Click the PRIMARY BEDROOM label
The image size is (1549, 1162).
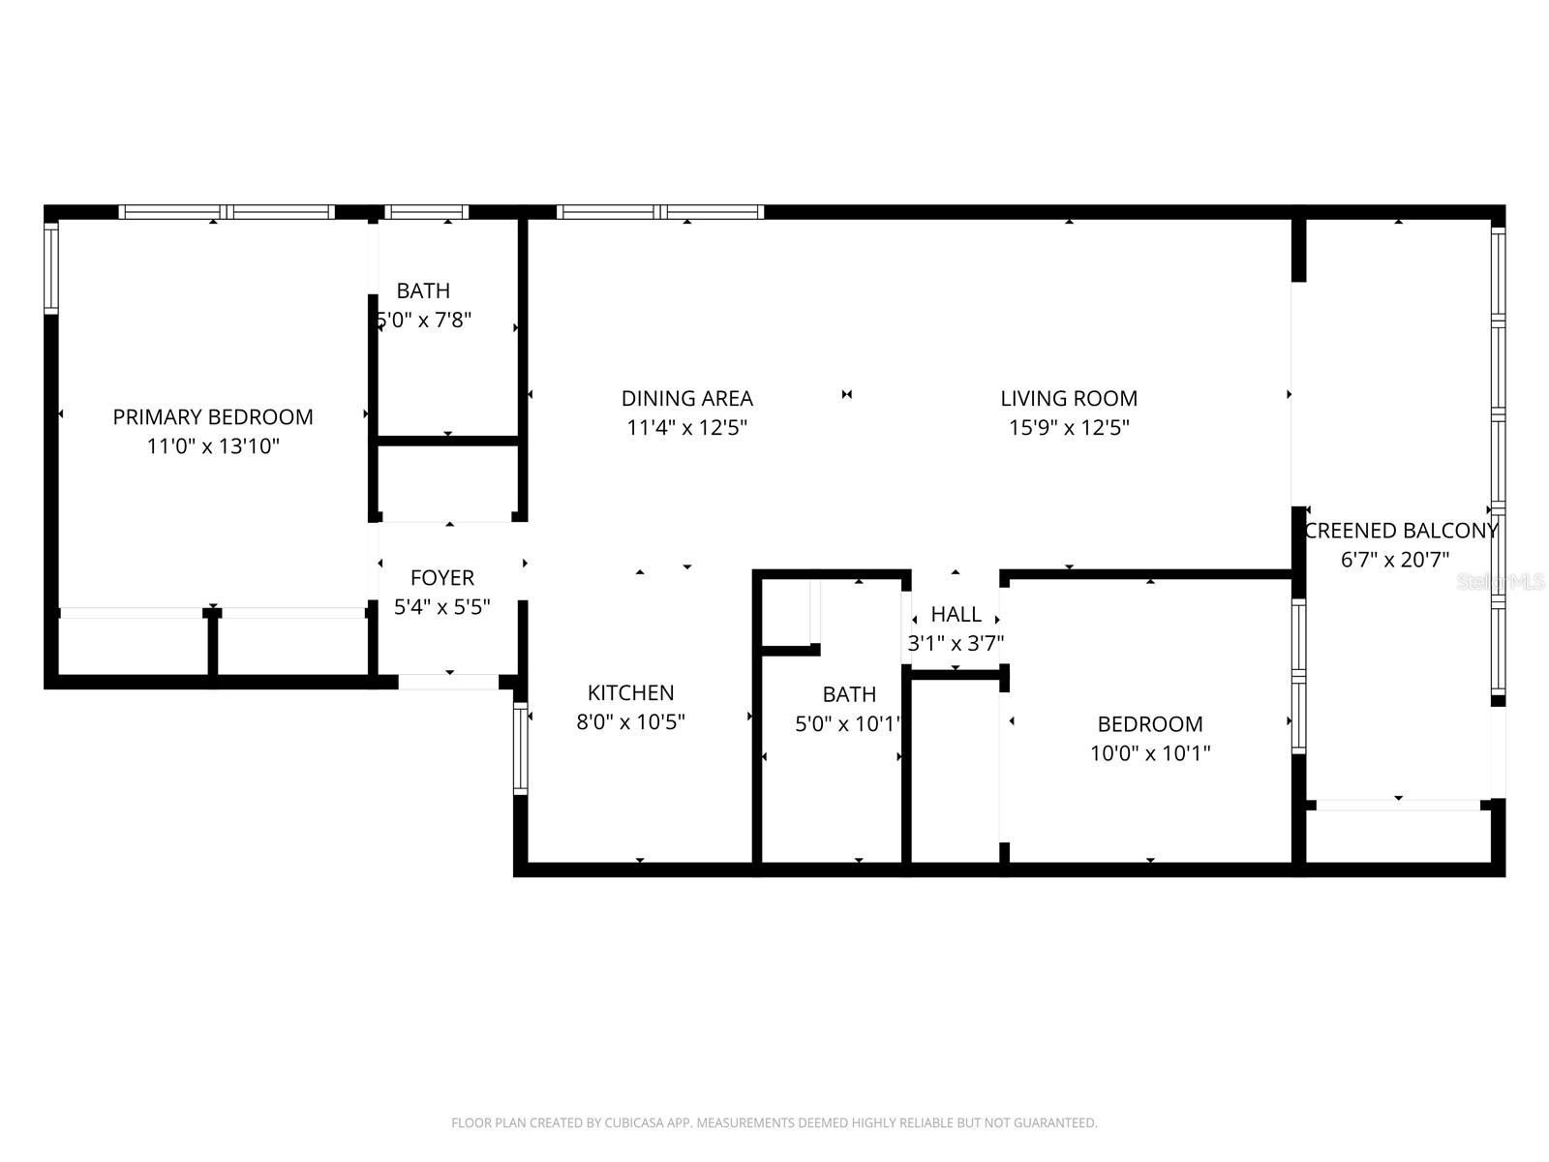[213, 417]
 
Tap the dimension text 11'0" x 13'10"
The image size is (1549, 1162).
[213, 446]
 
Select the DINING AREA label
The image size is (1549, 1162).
[686, 398]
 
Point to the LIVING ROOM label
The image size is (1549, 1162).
[1069, 398]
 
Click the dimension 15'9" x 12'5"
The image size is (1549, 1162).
[1069, 427]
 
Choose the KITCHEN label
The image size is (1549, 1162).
[630, 692]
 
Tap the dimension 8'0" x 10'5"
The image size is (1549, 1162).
[630, 721]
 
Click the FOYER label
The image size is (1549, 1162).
[442, 578]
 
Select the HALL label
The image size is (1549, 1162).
[956, 614]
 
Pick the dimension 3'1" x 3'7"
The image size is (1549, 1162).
[956, 643]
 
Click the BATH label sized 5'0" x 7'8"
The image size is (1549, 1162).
[423, 290]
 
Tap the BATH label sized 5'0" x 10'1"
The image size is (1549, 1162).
[849, 694]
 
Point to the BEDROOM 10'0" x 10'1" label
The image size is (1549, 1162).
[1150, 724]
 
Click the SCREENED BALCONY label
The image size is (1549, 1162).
[1401, 531]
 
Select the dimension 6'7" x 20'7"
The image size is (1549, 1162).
[1394, 560]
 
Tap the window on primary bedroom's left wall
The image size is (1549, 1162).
[51, 267]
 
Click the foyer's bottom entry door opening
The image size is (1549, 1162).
[448, 682]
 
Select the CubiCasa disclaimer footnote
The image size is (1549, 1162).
[774, 1123]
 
